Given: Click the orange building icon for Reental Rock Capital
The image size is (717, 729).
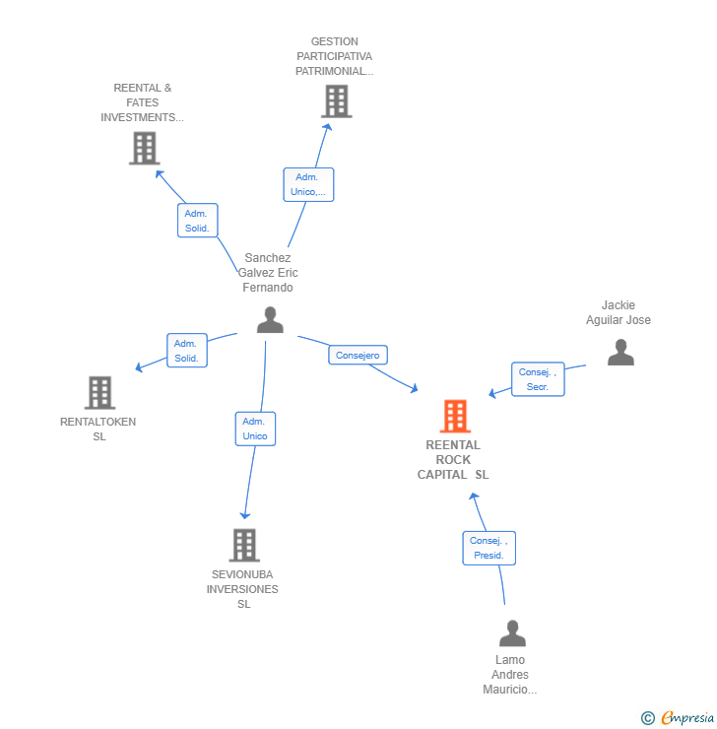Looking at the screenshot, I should click(x=454, y=417).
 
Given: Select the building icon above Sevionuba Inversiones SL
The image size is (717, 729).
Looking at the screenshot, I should click(x=243, y=545).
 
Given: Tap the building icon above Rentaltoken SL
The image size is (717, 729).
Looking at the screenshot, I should click(x=99, y=392).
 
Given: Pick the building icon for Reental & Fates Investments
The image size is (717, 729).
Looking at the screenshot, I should click(x=144, y=148).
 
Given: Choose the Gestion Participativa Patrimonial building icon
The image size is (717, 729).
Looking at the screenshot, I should click(x=336, y=100).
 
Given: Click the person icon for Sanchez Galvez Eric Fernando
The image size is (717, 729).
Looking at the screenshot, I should click(x=269, y=320).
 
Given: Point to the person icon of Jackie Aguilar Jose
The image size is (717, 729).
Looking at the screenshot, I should click(x=620, y=353).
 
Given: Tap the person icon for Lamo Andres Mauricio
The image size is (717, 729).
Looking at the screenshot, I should click(x=512, y=632).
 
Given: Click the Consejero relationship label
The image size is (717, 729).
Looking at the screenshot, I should click(x=358, y=355).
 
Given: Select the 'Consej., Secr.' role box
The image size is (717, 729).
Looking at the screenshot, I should click(x=538, y=379).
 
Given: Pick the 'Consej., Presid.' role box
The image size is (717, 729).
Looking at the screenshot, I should click(x=489, y=548).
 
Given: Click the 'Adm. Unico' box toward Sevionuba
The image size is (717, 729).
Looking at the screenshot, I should click(x=255, y=429).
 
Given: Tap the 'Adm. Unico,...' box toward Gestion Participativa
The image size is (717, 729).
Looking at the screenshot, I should click(x=308, y=184).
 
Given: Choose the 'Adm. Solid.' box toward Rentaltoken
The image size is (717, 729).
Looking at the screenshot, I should click(x=187, y=351).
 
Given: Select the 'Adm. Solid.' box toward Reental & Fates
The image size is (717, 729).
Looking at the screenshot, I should click(x=197, y=221).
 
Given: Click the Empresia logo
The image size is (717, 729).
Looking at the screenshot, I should click(x=687, y=718).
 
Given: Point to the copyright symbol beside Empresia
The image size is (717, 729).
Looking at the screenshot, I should click(x=648, y=718).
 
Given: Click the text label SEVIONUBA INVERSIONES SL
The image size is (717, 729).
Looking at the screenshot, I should click(x=242, y=589).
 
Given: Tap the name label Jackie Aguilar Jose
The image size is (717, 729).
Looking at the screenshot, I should click(x=619, y=312).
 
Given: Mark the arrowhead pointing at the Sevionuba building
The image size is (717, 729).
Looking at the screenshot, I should click(x=245, y=514).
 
